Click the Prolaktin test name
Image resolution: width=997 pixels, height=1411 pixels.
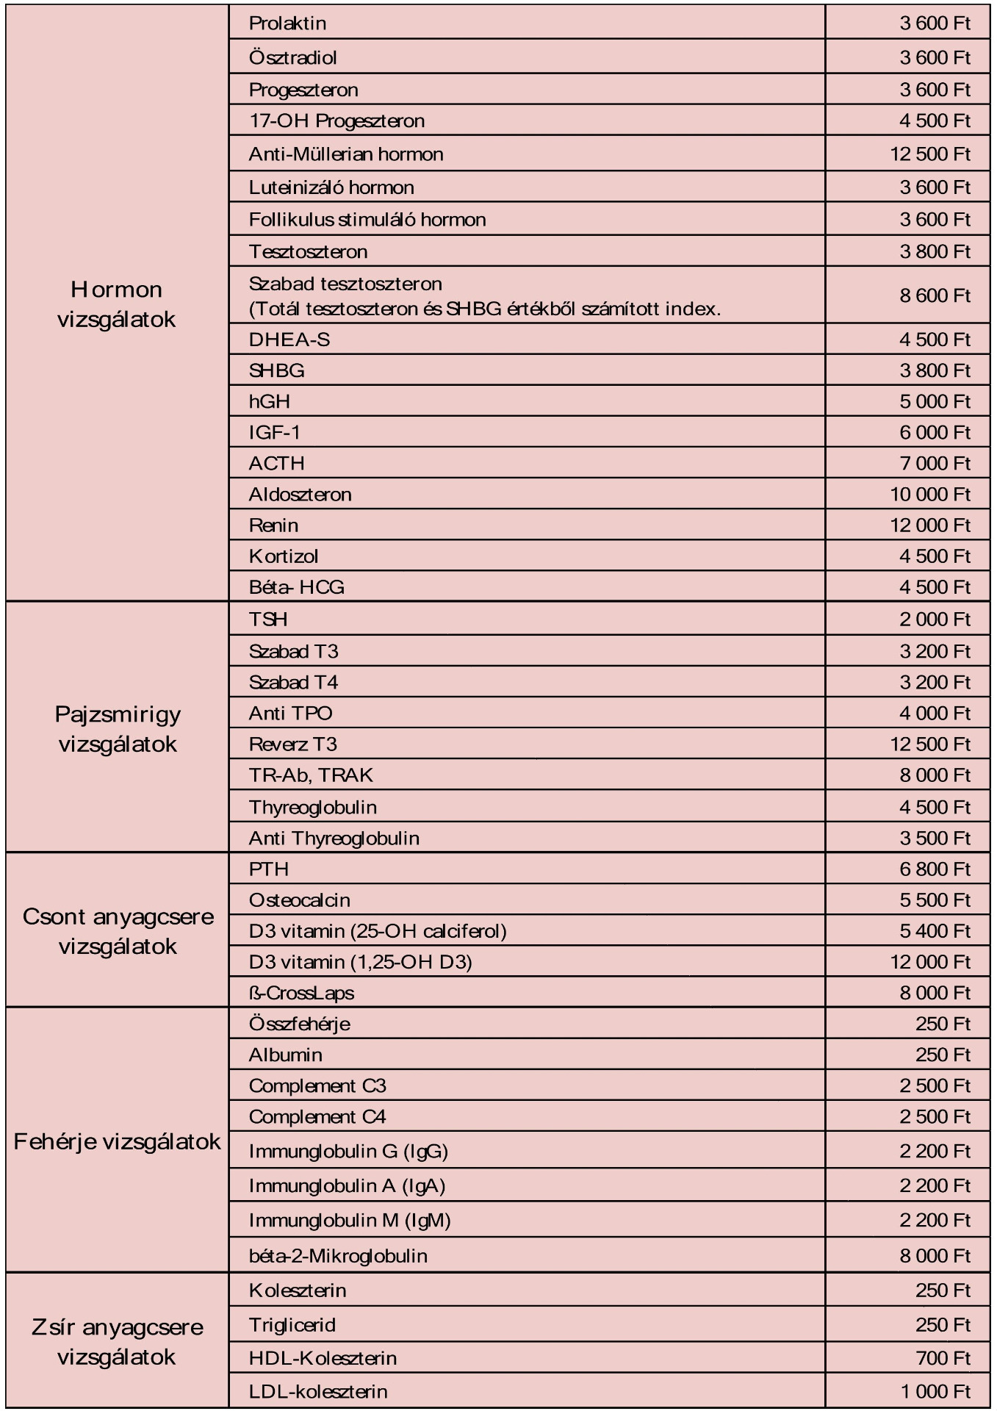287,24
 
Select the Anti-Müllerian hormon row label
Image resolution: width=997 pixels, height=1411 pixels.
346,154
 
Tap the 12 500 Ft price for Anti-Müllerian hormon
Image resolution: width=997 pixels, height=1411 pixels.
930,154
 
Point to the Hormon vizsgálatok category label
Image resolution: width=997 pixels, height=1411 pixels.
117,304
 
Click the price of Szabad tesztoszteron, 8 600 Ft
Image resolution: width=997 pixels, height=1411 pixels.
935,295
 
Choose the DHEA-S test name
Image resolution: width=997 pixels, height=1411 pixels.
289,340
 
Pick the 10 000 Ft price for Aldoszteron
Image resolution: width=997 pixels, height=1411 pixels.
930,494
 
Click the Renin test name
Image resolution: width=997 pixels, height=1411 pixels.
273,525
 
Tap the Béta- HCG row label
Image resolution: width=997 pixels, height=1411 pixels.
297,586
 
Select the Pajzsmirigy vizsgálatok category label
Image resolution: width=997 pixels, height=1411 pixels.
118,728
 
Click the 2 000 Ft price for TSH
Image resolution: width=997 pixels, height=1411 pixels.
935,619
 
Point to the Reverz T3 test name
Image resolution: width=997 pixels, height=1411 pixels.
293,744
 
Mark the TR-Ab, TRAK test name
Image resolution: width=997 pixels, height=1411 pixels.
311,775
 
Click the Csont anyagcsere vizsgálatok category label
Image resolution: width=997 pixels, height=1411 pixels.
118,931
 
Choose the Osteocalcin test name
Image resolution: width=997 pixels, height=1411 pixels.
300,900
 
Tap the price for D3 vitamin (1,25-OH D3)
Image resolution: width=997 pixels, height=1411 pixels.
930,961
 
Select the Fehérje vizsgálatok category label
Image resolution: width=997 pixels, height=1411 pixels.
118,1141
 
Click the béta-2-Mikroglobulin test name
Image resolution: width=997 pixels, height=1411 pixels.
338,1255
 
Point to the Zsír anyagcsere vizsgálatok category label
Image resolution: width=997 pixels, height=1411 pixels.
118,1341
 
